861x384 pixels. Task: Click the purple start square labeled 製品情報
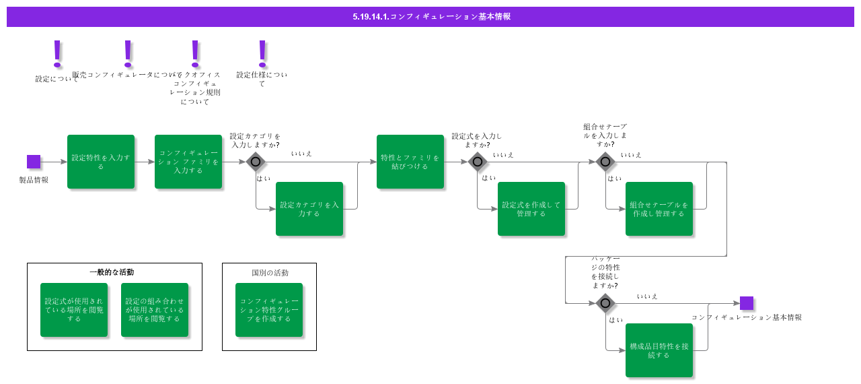(x=34, y=162)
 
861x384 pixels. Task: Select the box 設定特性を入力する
(x=101, y=162)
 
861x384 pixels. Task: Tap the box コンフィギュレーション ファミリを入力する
(x=188, y=162)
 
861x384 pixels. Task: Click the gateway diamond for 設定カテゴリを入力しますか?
(x=256, y=162)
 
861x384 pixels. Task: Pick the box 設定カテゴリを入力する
(x=309, y=209)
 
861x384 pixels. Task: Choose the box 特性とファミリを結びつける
(x=410, y=162)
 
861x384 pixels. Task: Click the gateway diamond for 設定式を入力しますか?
(x=478, y=162)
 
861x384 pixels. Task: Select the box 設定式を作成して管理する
(x=531, y=209)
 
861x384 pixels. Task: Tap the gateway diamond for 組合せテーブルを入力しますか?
(x=605, y=162)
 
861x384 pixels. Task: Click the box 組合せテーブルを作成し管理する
(x=659, y=209)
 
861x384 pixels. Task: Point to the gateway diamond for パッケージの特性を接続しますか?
(x=605, y=303)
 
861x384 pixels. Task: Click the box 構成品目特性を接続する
(x=659, y=350)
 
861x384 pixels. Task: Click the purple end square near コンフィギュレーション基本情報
(x=747, y=303)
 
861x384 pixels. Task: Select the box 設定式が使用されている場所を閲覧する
(x=74, y=310)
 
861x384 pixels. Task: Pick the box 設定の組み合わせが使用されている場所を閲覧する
(x=155, y=310)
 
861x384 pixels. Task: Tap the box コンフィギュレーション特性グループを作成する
(x=269, y=310)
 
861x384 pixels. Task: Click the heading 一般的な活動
(x=112, y=272)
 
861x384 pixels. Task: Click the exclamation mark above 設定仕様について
(x=262, y=53)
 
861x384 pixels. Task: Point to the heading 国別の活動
(x=270, y=273)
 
